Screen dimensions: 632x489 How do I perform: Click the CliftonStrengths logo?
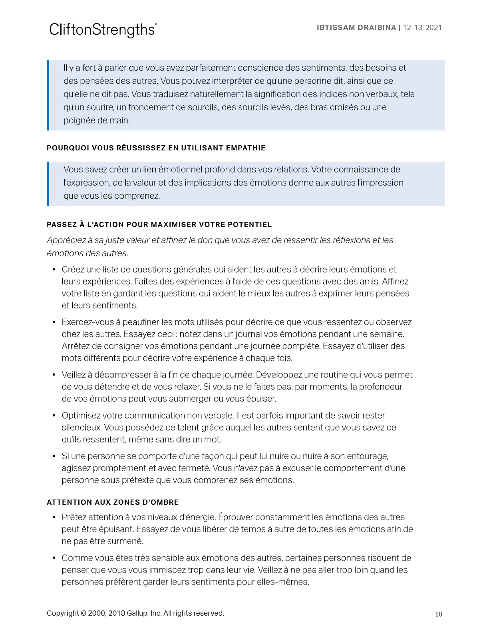103,30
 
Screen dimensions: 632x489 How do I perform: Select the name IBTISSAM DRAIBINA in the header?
356,28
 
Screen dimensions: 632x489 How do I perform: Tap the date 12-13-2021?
422,28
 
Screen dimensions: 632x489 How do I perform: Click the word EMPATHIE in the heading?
246,148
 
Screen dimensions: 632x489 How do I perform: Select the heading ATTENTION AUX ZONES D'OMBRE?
113,502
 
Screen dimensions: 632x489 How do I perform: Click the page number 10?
438,614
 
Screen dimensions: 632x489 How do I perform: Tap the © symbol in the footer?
83,613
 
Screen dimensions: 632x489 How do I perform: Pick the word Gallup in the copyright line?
137,613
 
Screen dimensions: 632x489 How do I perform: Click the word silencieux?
81,427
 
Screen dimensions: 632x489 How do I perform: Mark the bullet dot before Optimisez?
54,415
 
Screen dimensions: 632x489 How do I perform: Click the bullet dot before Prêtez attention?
54,517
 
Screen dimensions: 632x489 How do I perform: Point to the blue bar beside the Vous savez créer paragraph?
48,184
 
